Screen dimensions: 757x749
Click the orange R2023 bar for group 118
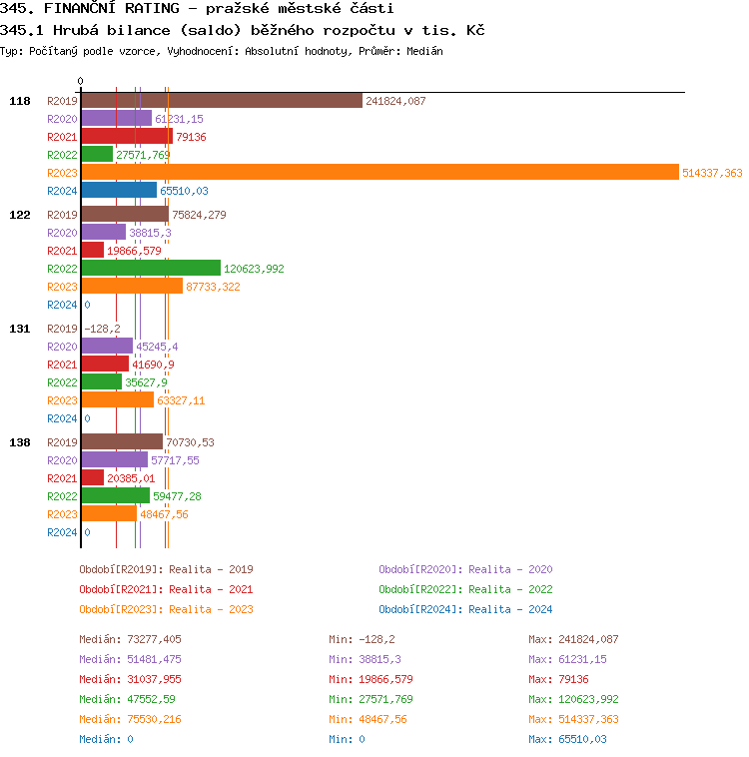[379, 173]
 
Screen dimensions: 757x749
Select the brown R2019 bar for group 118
[222, 100]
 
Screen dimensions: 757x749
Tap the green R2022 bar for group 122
[151, 268]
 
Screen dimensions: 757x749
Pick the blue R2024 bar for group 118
[119, 190]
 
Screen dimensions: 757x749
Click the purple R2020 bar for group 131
[107, 346]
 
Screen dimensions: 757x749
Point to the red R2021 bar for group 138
[93, 477]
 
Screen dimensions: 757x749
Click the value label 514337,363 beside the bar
[712, 173]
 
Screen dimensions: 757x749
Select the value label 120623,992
[254, 269]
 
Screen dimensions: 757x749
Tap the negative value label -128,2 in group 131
[102, 329]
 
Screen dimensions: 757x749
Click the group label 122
[20, 215]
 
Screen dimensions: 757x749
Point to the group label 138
[20, 441]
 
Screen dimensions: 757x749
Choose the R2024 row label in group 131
[62, 418]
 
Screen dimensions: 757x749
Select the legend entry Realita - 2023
[166, 609]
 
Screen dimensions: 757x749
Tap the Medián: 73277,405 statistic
[130, 639]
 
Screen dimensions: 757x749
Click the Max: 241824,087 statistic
[573, 639]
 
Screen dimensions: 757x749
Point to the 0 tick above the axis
[81, 82]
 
